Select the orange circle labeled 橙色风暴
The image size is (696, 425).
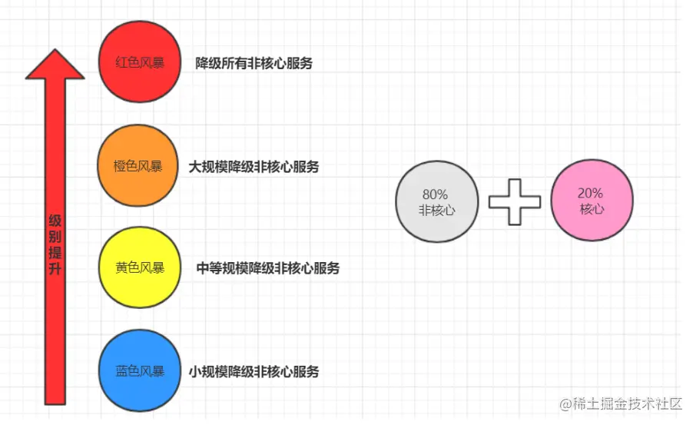point(139,166)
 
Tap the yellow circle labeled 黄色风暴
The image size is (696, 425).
point(140,268)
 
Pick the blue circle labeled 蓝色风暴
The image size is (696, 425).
point(140,371)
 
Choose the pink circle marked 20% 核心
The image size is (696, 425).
point(592,201)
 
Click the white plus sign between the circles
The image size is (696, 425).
point(515,202)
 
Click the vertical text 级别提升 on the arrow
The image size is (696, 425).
point(55,245)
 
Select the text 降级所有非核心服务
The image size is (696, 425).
point(254,64)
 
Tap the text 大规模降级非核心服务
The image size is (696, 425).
point(254,166)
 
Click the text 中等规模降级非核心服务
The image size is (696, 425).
point(267,268)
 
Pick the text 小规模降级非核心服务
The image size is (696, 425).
point(254,372)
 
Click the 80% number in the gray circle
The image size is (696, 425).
point(435,194)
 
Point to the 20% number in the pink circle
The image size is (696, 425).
point(591,193)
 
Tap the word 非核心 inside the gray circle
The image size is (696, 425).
point(436,211)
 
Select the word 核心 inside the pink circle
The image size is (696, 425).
point(592,209)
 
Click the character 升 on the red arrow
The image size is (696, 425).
point(55,270)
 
